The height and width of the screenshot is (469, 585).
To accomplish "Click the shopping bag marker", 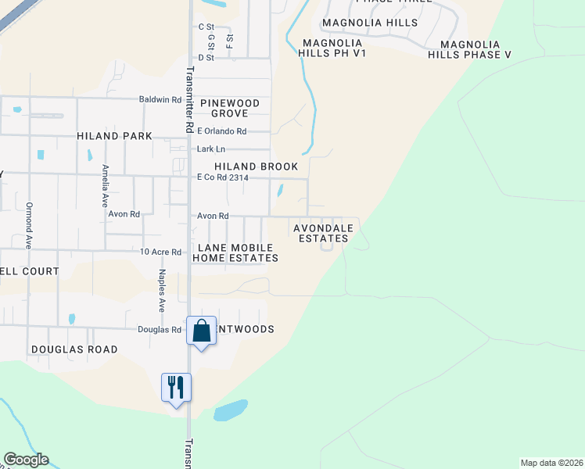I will (x=201, y=331).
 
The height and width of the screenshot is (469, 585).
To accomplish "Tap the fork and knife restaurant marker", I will (x=176, y=386).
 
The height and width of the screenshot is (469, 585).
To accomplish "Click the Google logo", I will (x=26, y=460).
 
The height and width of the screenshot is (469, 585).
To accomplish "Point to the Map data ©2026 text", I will (x=551, y=462).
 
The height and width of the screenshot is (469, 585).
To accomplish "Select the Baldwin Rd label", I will (x=160, y=100).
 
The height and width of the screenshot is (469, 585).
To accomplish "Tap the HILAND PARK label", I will (x=114, y=136).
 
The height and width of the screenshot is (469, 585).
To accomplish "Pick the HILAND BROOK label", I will (x=257, y=166).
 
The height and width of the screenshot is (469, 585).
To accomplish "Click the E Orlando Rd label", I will (x=221, y=131).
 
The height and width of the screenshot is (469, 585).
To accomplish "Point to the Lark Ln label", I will (x=210, y=149).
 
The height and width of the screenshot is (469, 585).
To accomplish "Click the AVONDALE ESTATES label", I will (x=323, y=233).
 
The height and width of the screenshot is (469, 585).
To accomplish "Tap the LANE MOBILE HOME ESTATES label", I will (x=235, y=252).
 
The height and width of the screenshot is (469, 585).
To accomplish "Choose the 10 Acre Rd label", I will (x=160, y=252).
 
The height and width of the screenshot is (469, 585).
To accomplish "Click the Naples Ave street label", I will (x=162, y=291).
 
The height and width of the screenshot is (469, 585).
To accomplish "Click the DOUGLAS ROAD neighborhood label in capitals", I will (x=74, y=349).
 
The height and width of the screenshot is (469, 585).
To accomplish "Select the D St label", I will (x=206, y=57).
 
